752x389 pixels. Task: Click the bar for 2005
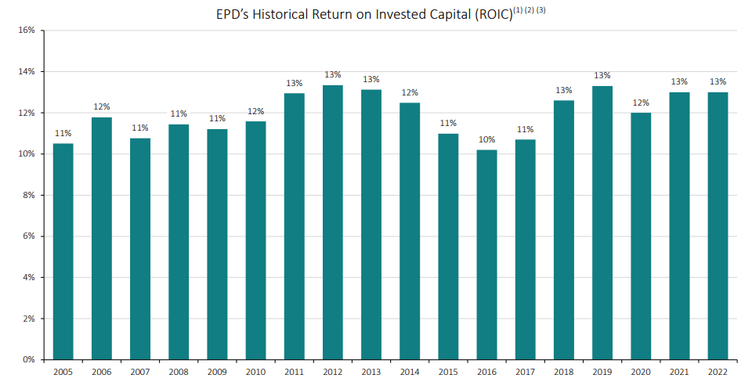point(63,251)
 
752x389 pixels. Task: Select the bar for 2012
point(333,222)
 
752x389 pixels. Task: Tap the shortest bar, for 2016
point(486,254)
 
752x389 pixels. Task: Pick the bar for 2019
point(602,222)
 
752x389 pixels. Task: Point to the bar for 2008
point(179,242)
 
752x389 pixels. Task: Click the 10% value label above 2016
point(486,139)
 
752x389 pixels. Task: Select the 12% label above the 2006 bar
point(102,106)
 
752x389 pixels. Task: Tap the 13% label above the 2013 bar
point(371,79)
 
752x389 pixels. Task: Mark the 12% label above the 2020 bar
point(641,102)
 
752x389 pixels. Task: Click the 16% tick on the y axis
point(27,31)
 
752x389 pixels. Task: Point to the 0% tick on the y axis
point(29,360)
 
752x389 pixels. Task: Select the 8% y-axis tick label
point(29,196)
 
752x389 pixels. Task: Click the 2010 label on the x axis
point(255,371)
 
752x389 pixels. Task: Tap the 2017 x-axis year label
point(525,371)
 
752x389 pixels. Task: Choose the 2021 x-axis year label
point(679,371)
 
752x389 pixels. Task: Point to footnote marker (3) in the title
point(540,10)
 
